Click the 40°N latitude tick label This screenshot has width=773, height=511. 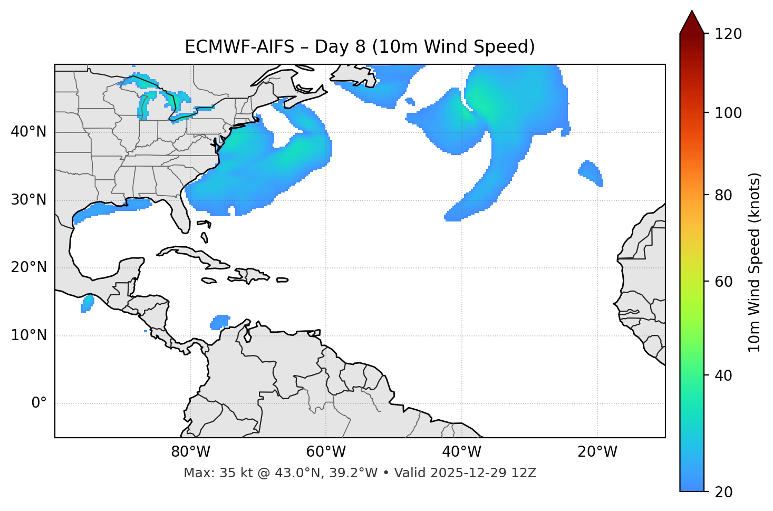[28, 132]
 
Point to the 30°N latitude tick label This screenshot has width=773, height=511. [28, 200]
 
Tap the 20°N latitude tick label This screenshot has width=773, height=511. [28, 267]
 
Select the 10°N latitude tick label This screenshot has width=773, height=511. [28, 335]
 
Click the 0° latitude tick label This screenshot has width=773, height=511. [38, 403]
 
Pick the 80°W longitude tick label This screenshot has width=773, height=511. [190, 452]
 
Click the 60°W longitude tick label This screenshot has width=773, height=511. [326, 452]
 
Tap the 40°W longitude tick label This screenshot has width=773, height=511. [461, 452]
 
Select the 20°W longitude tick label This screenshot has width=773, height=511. [597, 452]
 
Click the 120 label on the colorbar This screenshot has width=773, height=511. [728, 34]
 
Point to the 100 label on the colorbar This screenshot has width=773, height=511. [728, 113]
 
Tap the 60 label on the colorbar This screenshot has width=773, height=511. [723, 282]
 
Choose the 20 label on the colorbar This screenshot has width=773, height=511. [723, 492]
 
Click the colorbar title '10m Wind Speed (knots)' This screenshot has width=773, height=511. [755, 262]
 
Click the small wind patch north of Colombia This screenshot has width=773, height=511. [220, 322]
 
